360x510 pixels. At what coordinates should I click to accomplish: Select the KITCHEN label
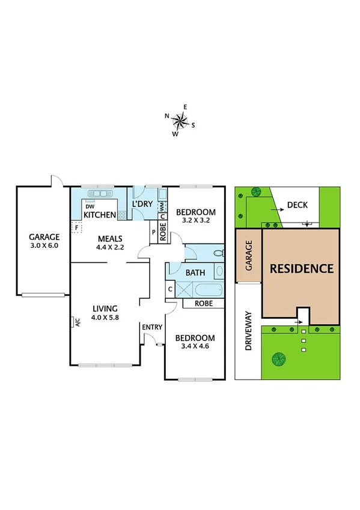(100, 215)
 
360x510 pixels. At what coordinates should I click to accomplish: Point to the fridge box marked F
(76, 227)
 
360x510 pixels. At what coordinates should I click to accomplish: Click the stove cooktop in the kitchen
(123, 212)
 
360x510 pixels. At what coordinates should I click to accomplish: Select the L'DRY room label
(143, 205)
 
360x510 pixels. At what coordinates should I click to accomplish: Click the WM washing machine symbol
(162, 206)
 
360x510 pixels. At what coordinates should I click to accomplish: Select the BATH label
(195, 272)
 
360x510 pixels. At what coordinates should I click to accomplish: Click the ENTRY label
(152, 327)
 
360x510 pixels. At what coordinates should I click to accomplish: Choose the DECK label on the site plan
(297, 205)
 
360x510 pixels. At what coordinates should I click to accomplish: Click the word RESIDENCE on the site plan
(301, 268)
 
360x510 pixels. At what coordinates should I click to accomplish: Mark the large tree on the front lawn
(278, 360)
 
